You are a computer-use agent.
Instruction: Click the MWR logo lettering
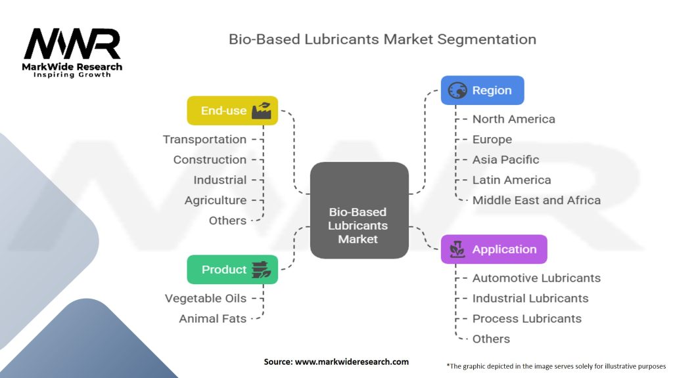(72, 43)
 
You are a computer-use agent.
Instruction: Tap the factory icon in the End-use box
(262, 110)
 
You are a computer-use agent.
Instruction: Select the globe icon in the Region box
(457, 91)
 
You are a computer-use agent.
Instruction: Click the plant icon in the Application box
(457, 249)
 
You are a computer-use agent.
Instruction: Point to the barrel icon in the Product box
(261, 270)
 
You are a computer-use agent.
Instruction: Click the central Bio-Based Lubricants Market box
(360, 210)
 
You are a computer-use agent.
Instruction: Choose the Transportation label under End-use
(205, 139)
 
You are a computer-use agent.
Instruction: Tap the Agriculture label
(216, 200)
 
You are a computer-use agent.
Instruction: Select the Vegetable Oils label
(206, 299)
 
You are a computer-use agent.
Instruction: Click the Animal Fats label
(212, 318)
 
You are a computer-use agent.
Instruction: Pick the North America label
(514, 119)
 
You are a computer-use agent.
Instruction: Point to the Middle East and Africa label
(536, 200)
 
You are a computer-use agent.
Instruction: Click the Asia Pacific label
(505, 159)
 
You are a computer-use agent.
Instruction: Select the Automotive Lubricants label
(536, 278)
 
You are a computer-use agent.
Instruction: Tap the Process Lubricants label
(527, 318)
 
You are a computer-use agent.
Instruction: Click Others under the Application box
(492, 339)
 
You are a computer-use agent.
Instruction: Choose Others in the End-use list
(227, 220)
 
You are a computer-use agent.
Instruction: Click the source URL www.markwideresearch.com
(352, 362)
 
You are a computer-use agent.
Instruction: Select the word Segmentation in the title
(487, 39)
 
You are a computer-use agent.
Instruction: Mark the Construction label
(210, 159)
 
